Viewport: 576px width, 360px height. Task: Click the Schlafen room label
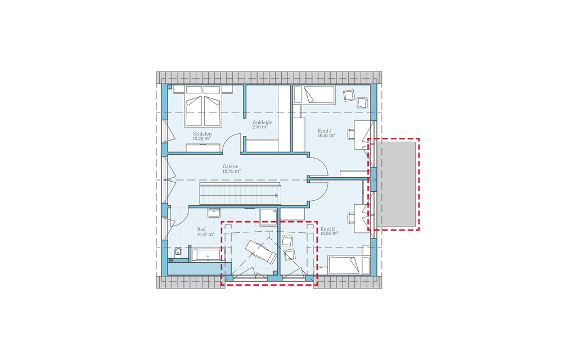(x=202, y=134)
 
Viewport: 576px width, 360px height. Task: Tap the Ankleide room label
(x=262, y=122)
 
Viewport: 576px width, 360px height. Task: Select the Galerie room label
(x=231, y=166)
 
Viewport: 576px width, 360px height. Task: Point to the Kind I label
(x=325, y=130)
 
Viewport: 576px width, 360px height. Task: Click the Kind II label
(x=328, y=228)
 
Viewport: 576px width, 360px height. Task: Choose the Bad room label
(x=201, y=229)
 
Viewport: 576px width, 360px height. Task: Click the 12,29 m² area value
(x=202, y=138)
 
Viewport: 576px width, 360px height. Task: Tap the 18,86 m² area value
(x=329, y=233)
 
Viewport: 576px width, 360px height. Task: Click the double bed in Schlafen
(x=203, y=106)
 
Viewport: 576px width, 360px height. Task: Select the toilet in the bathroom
(x=178, y=251)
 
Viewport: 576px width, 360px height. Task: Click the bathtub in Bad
(x=206, y=254)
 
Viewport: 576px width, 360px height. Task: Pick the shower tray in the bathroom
(x=268, y=217)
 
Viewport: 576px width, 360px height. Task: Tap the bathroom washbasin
(x=214, y=213)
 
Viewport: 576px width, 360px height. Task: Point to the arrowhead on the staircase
(x=276, y=195)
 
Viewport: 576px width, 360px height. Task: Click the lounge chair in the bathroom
(x=261, y=251)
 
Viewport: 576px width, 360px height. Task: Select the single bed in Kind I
(x=314, y=94)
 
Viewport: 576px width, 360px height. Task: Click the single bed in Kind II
(x=349, y=265)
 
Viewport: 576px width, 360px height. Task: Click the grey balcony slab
(x=396, y=184)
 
